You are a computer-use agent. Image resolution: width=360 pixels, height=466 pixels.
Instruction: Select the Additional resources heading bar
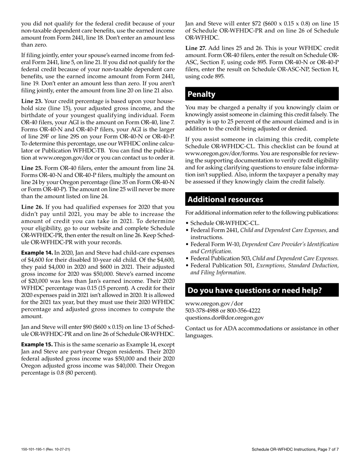[x=225, y=199]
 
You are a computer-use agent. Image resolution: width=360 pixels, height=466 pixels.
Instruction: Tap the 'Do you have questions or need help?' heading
[x=255, y=290]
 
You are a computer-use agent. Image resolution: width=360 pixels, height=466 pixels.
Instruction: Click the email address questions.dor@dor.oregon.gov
[x=224, y=318]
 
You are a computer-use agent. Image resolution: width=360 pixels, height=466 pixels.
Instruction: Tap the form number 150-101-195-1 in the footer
[x=35, y=449]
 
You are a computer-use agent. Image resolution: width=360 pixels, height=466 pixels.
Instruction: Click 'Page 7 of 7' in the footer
[x=327, y=449]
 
